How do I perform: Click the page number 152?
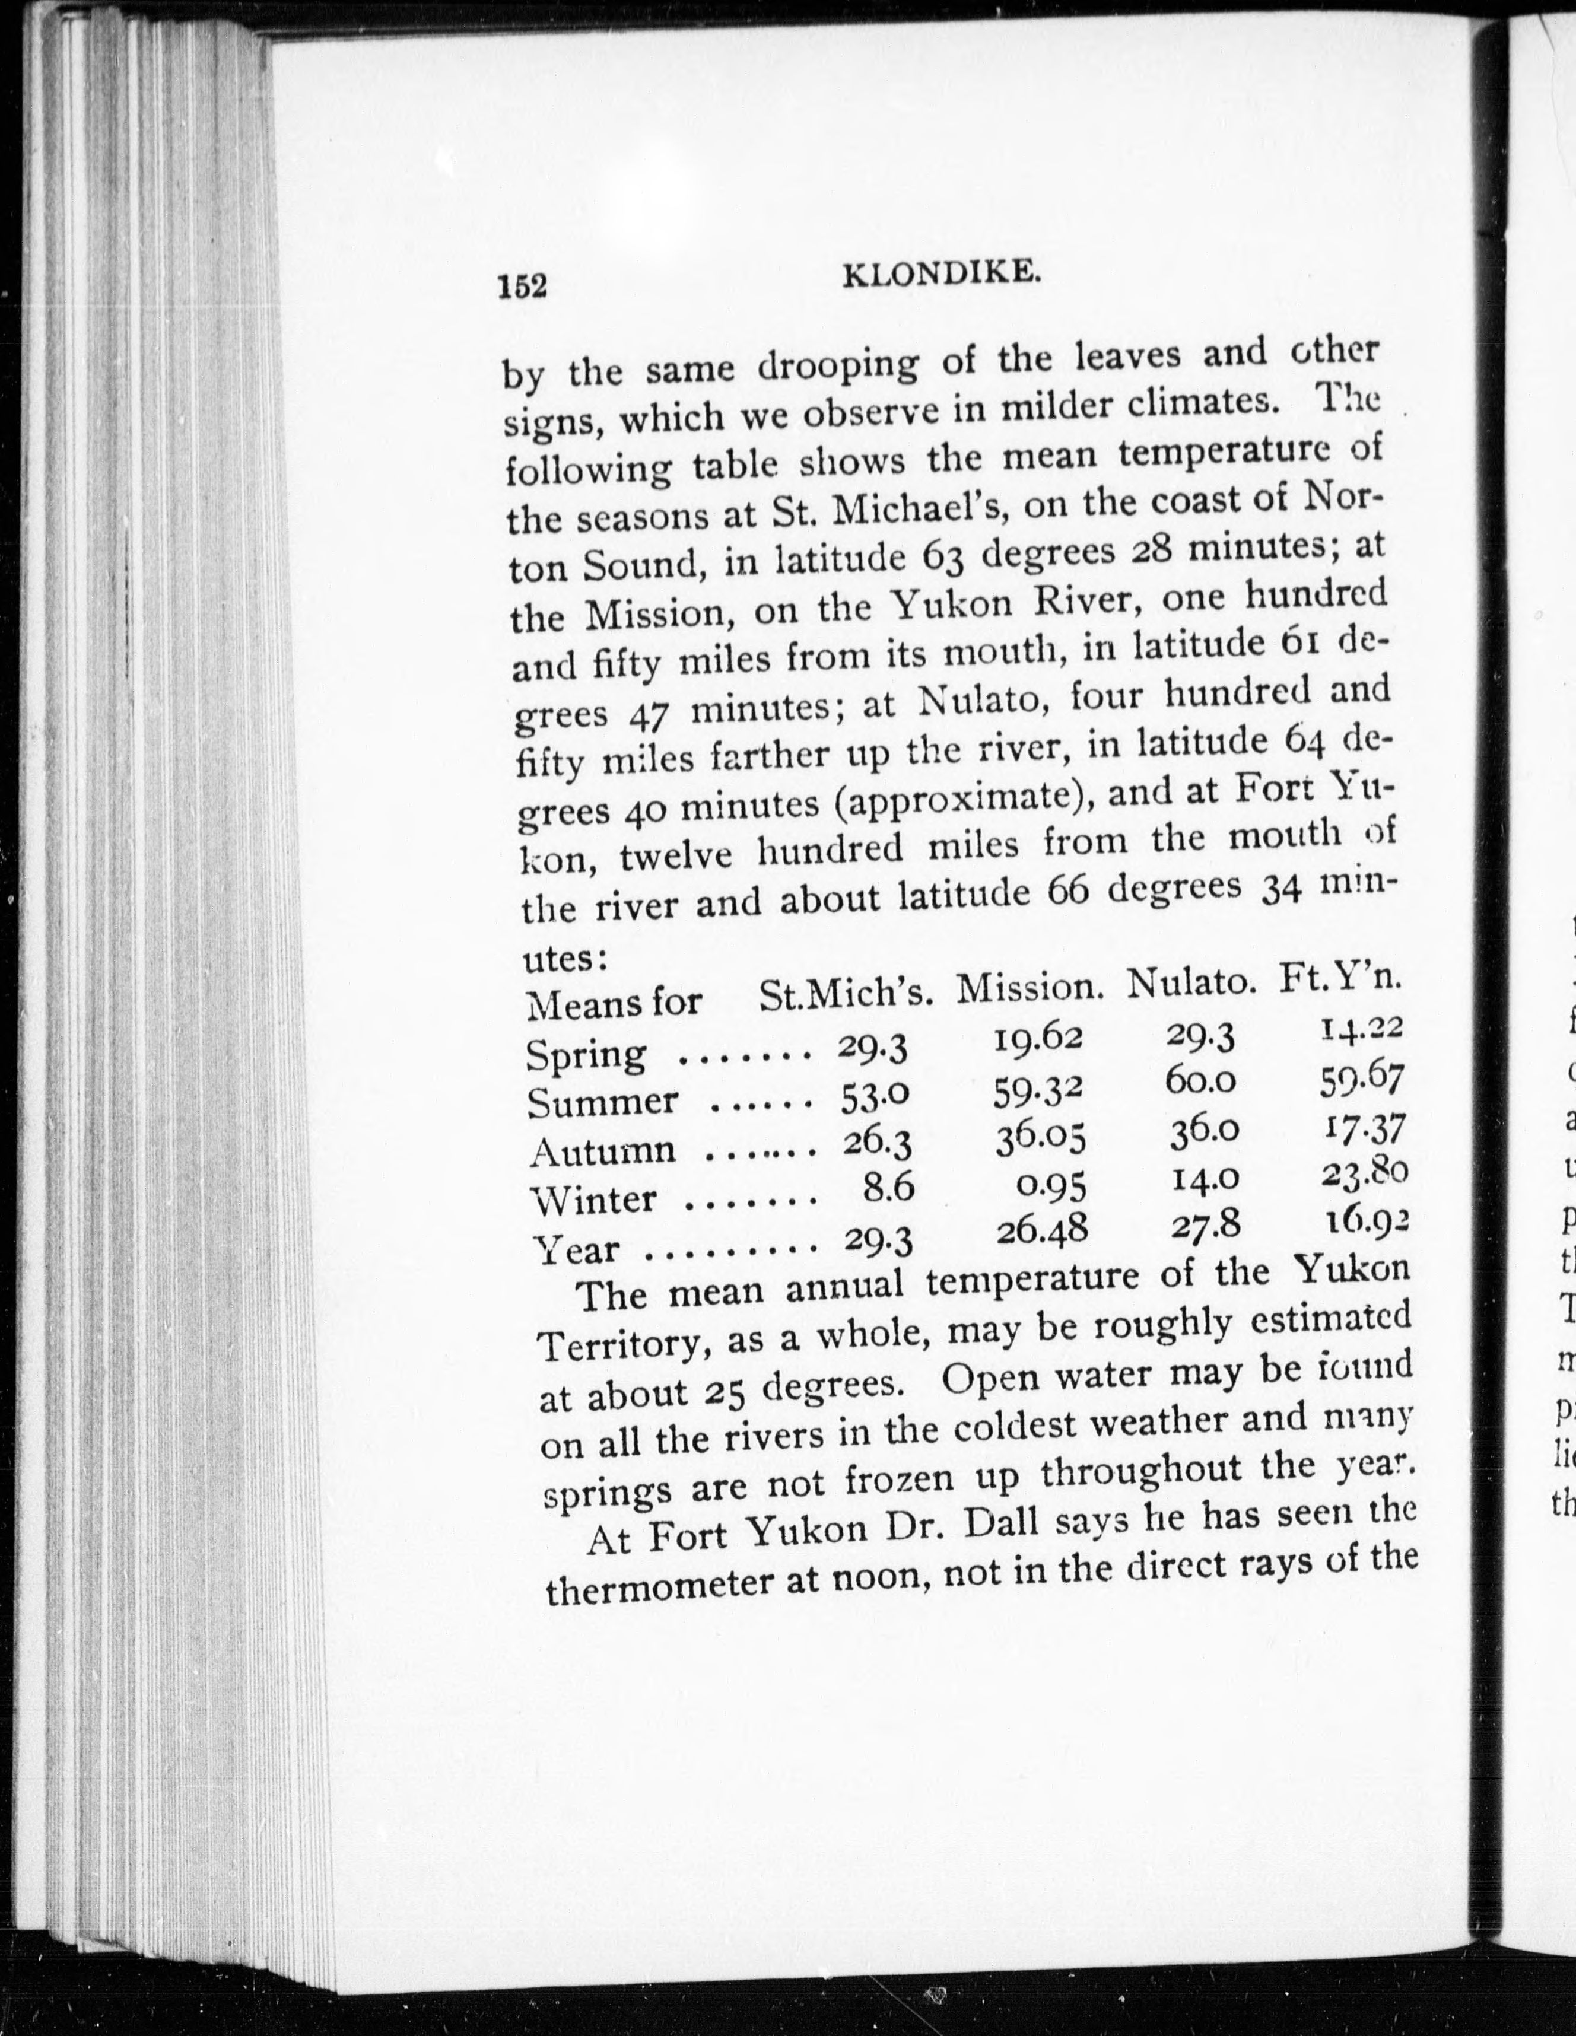(522, 286)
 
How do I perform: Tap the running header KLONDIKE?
(941, 274)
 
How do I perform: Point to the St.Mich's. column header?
(847, 995)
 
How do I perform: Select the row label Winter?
(593, 1199)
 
